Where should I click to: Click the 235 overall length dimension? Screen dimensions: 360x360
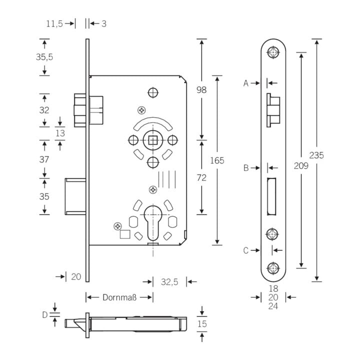[x=316, y=155]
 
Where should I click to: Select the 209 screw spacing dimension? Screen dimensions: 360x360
[x=301, y=165]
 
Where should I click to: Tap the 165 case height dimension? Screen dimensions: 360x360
[x=217, y=160]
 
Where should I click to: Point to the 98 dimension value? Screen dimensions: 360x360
[x=201, y=90]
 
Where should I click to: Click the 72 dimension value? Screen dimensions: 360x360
[x=201, y=177]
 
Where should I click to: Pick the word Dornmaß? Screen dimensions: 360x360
[x=119, y=297]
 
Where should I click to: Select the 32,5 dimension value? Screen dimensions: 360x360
[x=169, y=282]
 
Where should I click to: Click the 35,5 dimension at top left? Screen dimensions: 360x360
[x=44, y=57]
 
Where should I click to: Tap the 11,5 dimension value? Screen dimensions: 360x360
[x=54, y=23]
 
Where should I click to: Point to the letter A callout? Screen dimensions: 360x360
[x=245, y=83]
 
